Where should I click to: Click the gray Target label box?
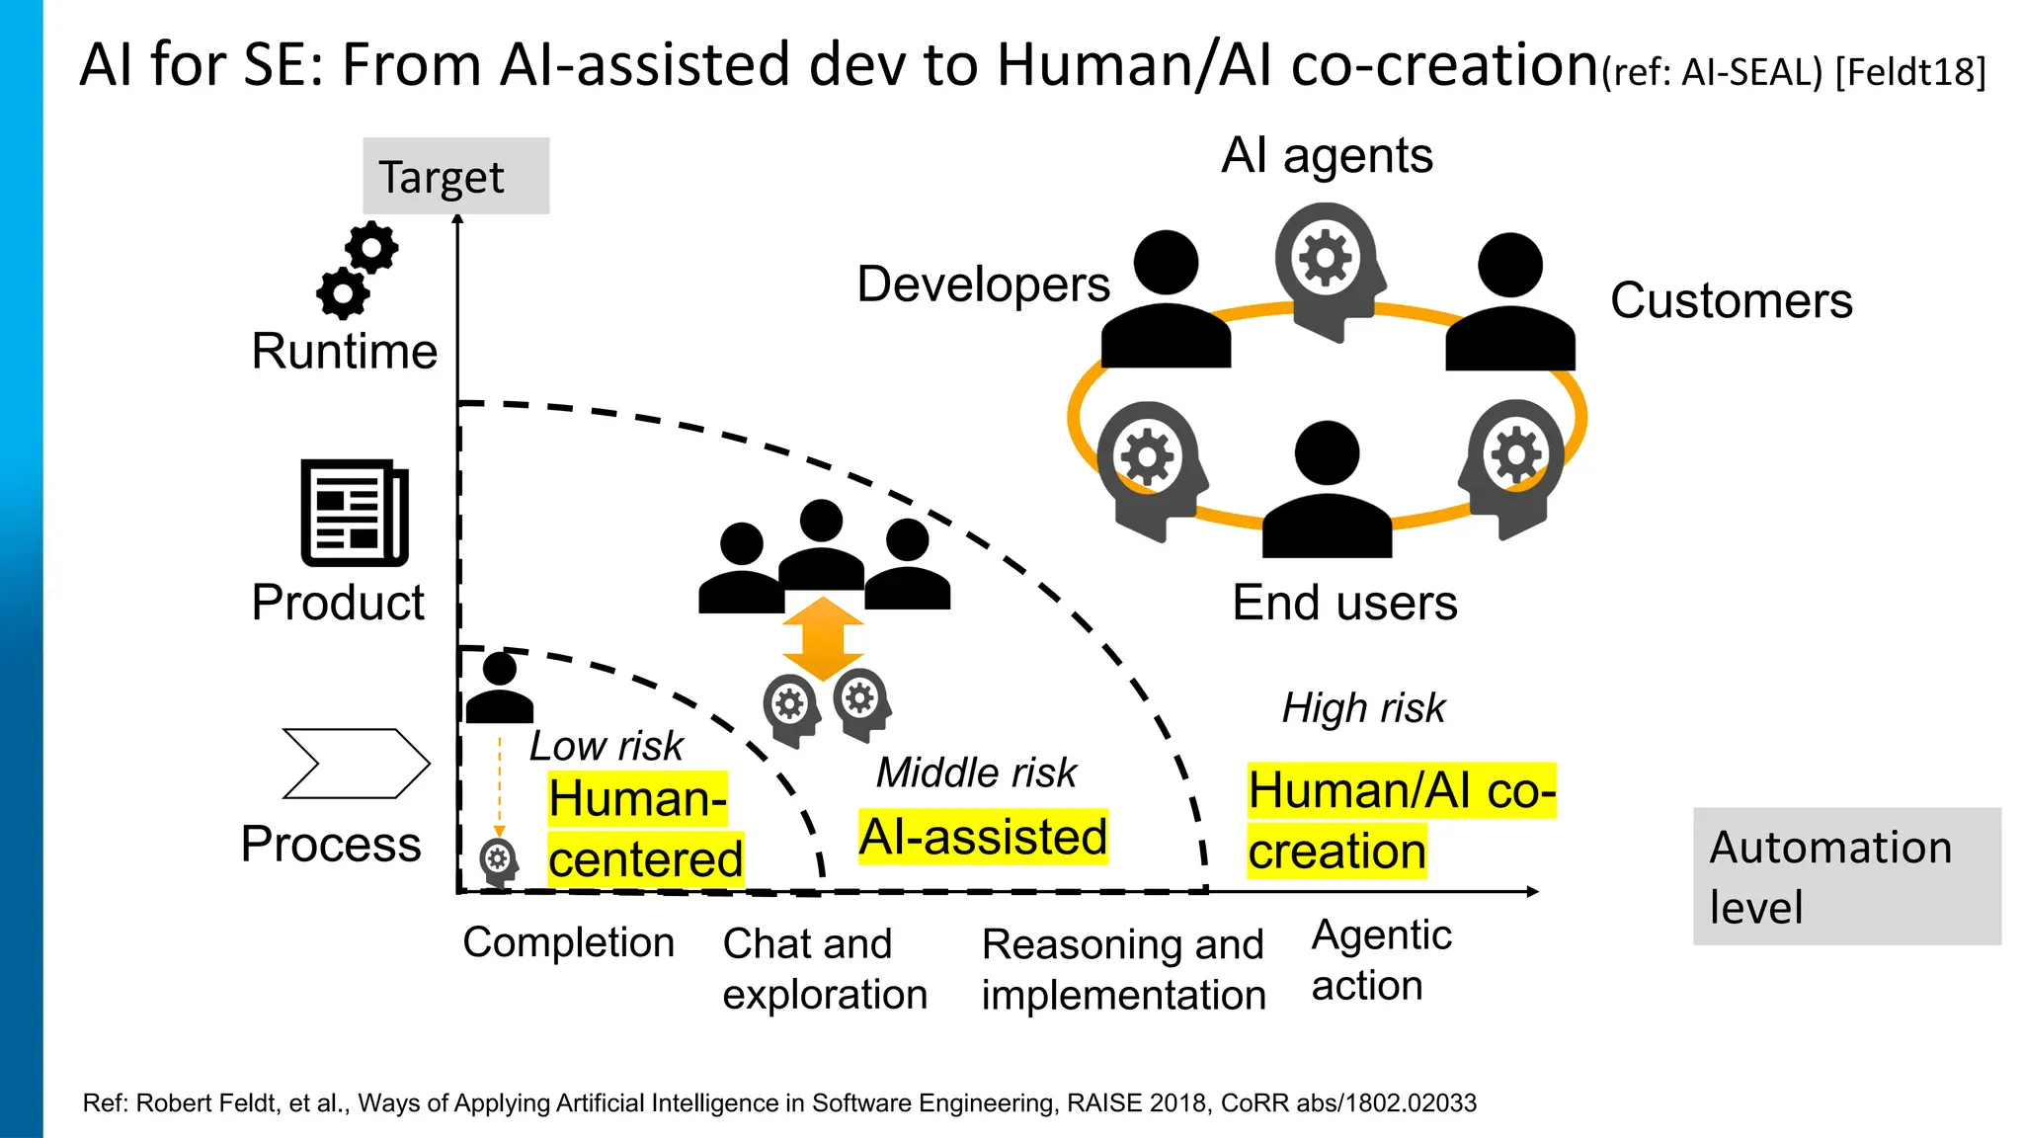click(x=455, y=176)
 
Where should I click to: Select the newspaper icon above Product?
click(x=354, y=513)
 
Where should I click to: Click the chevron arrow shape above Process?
click(x=356, y=763)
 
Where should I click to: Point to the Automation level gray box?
click(x=1845, y=876)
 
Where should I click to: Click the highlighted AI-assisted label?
click(x=983, y=837)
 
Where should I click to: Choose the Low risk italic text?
click(x=606, y=746)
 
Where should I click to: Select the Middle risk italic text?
click(x=976, y=772)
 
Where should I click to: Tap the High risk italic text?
click(x=1363, y=708)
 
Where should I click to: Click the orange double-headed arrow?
click(x=823, y=638)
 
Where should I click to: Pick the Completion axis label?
click(x=568, y=942)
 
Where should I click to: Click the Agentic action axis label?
click(x=1380, y=960)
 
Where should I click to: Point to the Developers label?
click(x=983, y=284)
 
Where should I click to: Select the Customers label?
click(x=1731, y=300)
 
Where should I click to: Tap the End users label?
click(x=1344, y=603)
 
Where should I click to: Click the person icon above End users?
click(x=1327, y=491)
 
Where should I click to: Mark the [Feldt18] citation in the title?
click(x=1910, y=72)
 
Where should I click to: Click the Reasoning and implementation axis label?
click(x=1123, y=969)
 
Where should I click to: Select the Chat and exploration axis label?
click(x=825, y=968)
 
